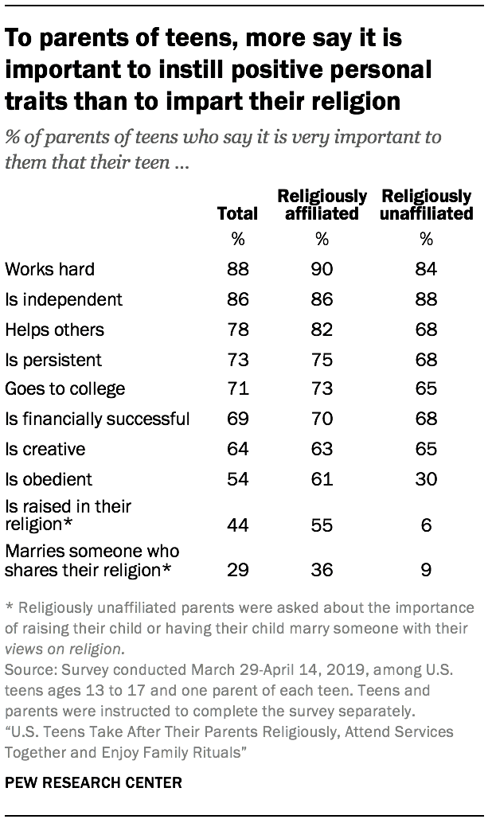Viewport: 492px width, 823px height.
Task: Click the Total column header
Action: (237, 213)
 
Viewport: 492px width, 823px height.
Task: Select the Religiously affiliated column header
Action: (322, 205)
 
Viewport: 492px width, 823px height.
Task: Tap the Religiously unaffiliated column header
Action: (427, 205)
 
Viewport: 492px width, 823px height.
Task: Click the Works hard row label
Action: (49, 269)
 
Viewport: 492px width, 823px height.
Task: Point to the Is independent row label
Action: (64, 299)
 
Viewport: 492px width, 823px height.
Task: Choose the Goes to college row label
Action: (65, 389)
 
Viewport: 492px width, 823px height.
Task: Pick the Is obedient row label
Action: (49, 479)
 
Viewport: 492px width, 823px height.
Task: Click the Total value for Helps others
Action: (237, 330)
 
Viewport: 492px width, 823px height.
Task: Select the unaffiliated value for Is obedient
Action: (426, 479)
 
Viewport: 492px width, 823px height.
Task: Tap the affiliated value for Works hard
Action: (322, 269)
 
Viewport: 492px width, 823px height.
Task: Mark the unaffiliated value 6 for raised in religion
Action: (426, 526)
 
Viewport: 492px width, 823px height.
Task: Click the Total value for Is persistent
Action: (237, 360)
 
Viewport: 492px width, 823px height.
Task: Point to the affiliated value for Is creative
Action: (322, 449)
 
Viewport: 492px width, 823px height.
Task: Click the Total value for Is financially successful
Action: (237, 419)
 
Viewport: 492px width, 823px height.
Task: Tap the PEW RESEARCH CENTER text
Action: (94, 782)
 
